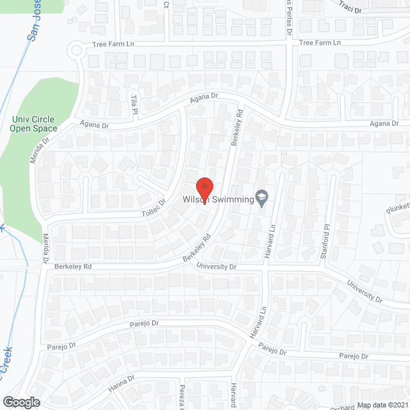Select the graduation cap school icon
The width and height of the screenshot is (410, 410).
[x=261, y=199]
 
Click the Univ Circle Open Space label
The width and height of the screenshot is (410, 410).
[x=33, y=124]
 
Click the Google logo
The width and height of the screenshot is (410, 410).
[x=22, y=402]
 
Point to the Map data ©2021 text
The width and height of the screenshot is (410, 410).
[x=382, y=405]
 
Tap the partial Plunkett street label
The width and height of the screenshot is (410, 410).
[x=397, y=208]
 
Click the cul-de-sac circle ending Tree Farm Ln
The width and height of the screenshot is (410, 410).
[x=77, y=49]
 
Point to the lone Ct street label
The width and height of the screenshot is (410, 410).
[x=166, y=4]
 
